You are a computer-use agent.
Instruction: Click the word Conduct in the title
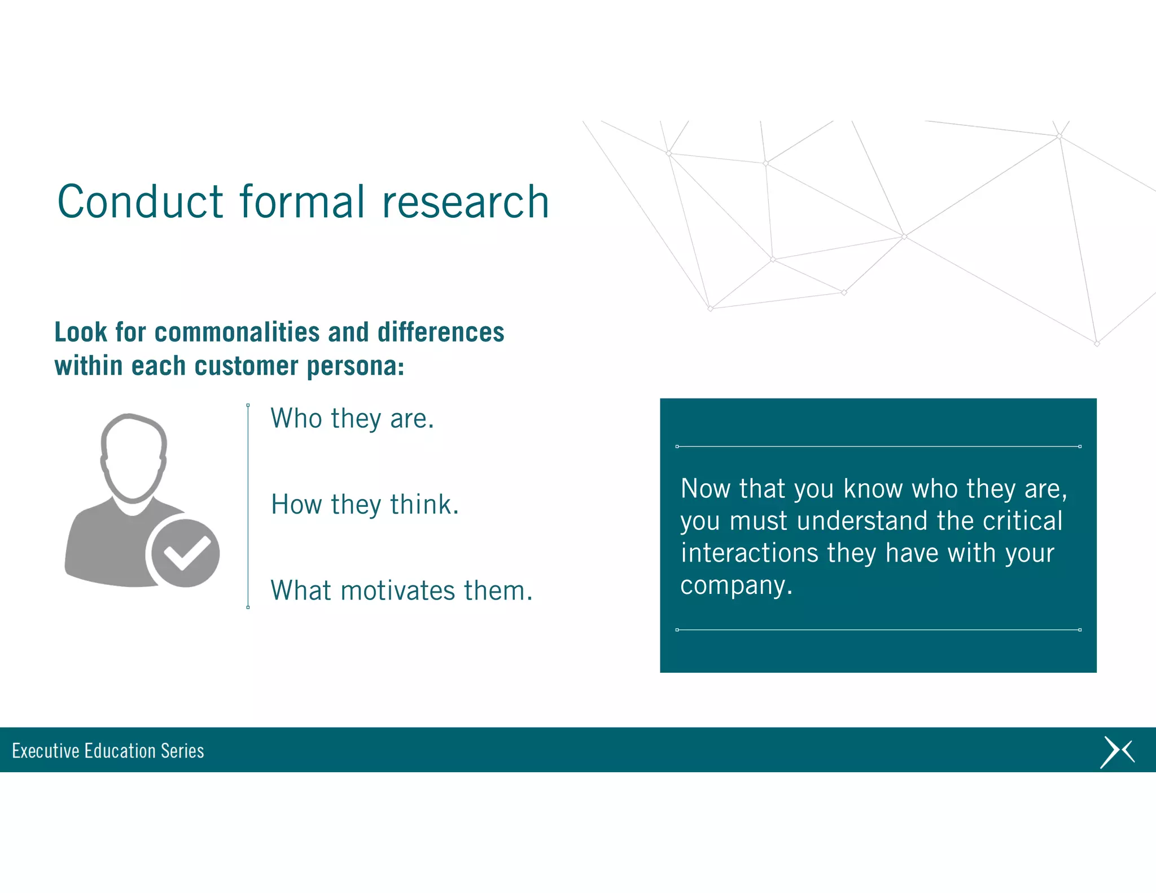140,202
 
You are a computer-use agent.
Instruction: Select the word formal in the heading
303,202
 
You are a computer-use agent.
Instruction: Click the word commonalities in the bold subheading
237,332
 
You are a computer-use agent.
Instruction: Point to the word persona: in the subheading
355,366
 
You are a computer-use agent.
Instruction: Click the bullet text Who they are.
352,419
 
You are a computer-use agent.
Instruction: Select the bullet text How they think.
365,505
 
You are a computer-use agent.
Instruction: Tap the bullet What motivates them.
401,591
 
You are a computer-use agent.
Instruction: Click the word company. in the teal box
736,585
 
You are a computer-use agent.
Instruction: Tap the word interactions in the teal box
749,553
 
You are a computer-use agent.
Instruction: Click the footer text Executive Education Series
108,751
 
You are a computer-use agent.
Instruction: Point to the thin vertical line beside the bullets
248,506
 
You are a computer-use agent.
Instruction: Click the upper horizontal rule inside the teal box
878,446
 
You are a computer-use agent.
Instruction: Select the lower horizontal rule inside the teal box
878,629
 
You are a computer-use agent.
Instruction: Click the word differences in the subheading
440,332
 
